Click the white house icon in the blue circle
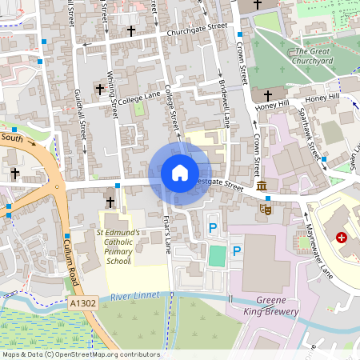[x=180, y=173]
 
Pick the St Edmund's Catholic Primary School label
[x=119, y=247]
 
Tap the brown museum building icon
[x=262, y=186]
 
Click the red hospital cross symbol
[x=342, y=238]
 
